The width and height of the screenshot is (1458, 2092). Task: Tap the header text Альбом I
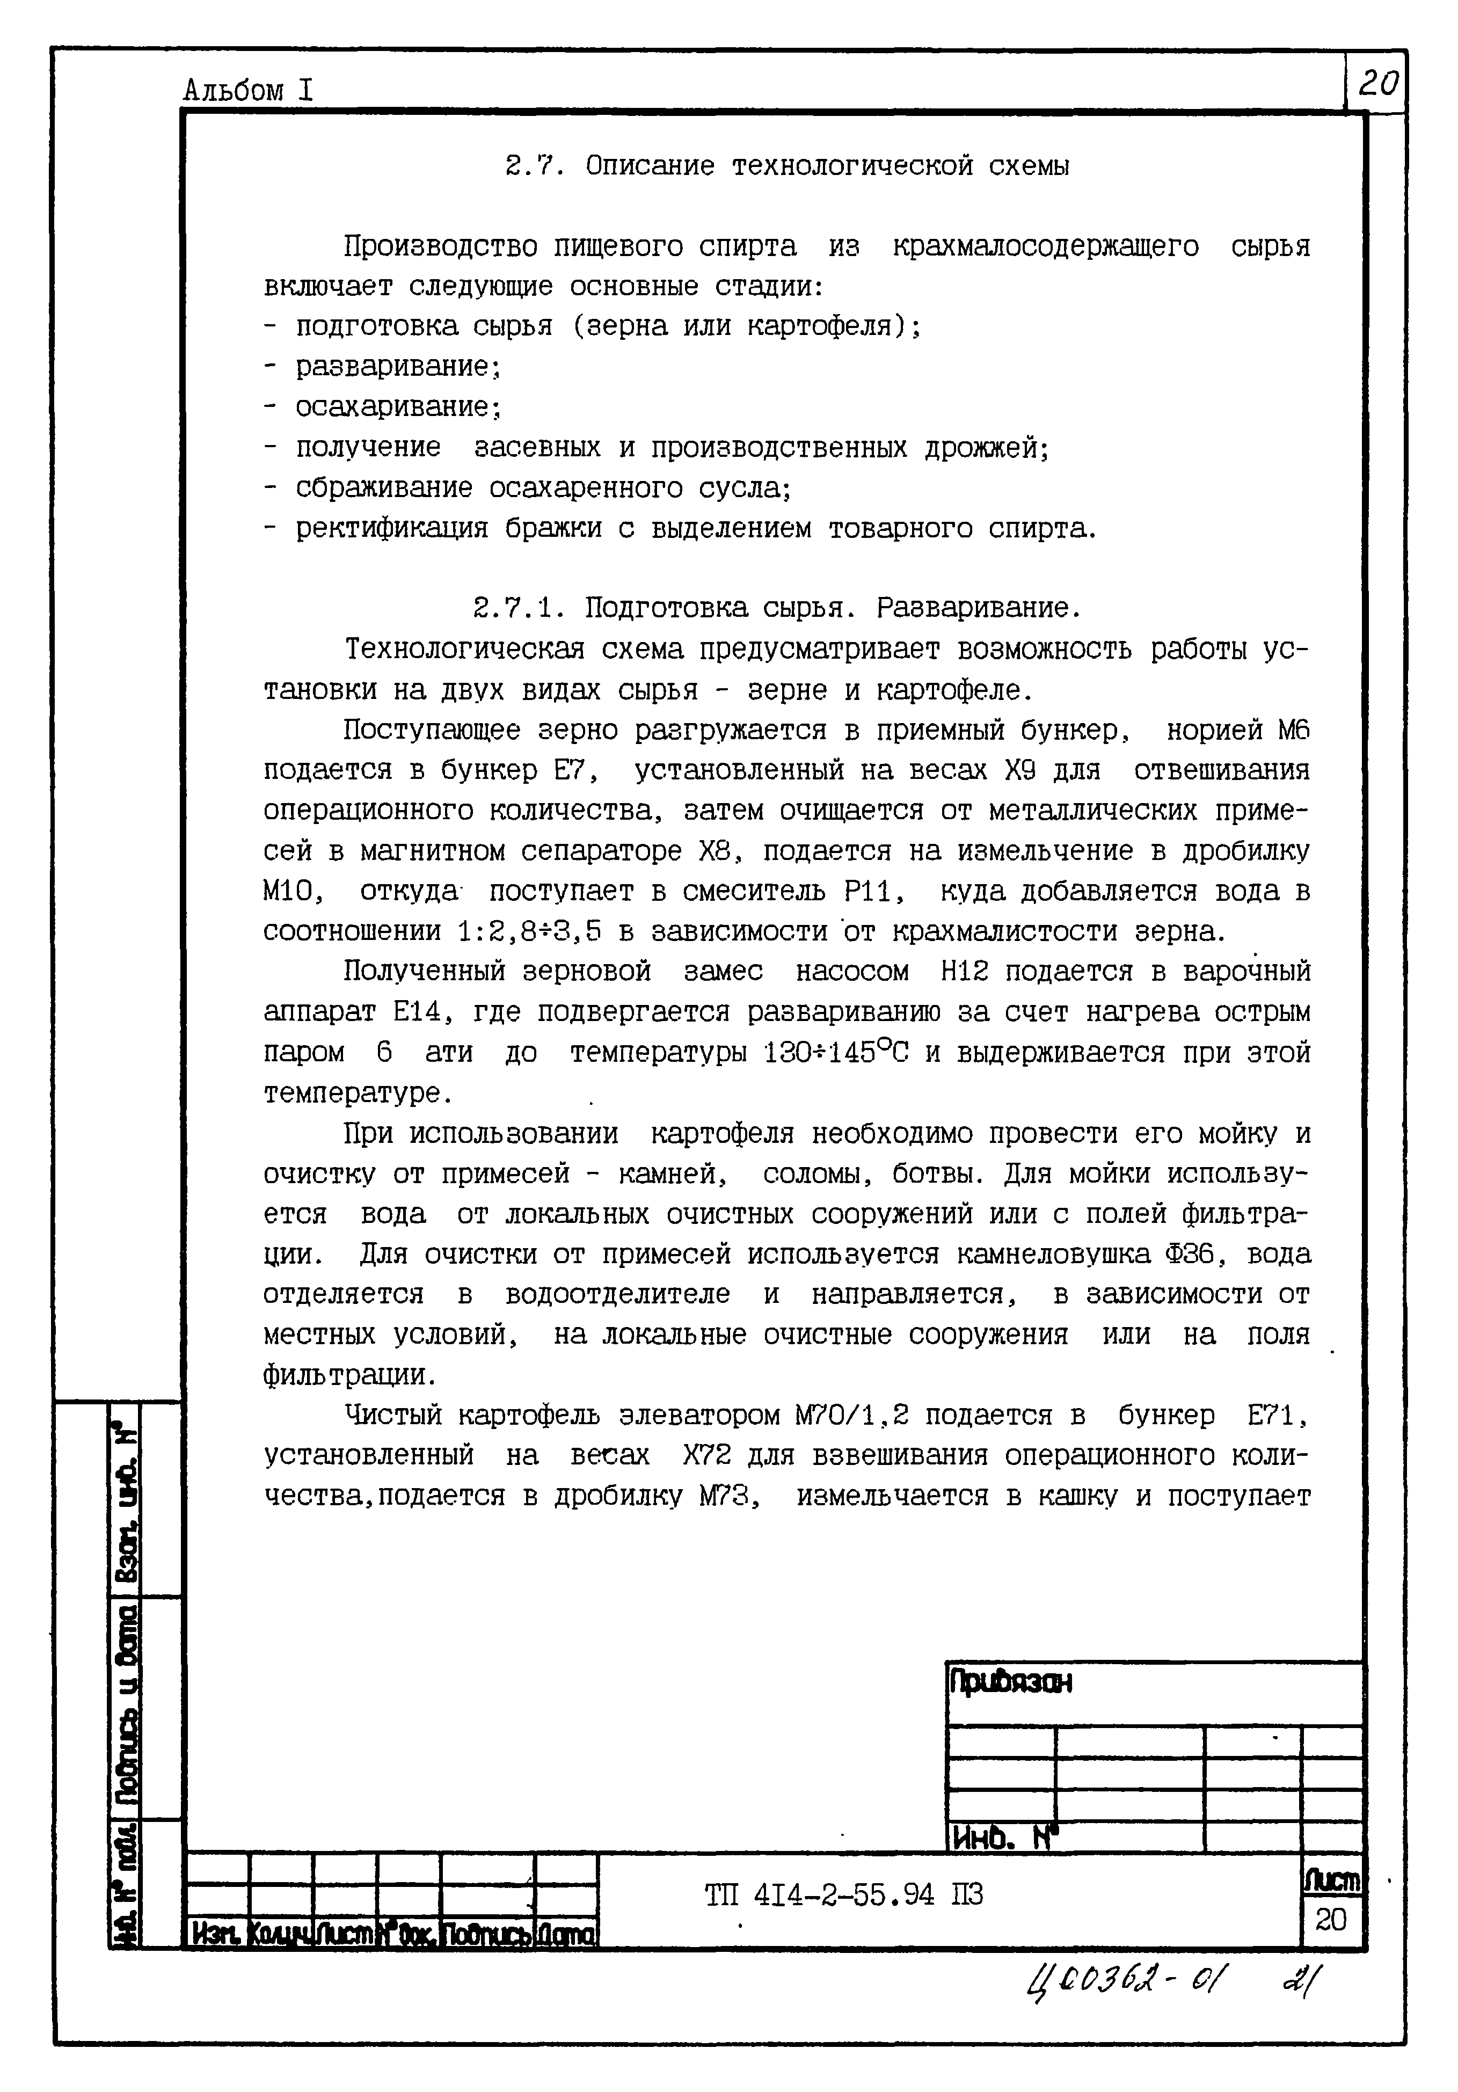click(x=248, y=90)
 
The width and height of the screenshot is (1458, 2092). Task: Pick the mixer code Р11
click(x=873, y=891)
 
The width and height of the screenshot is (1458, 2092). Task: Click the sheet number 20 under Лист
click(x=1330, y=1919)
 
